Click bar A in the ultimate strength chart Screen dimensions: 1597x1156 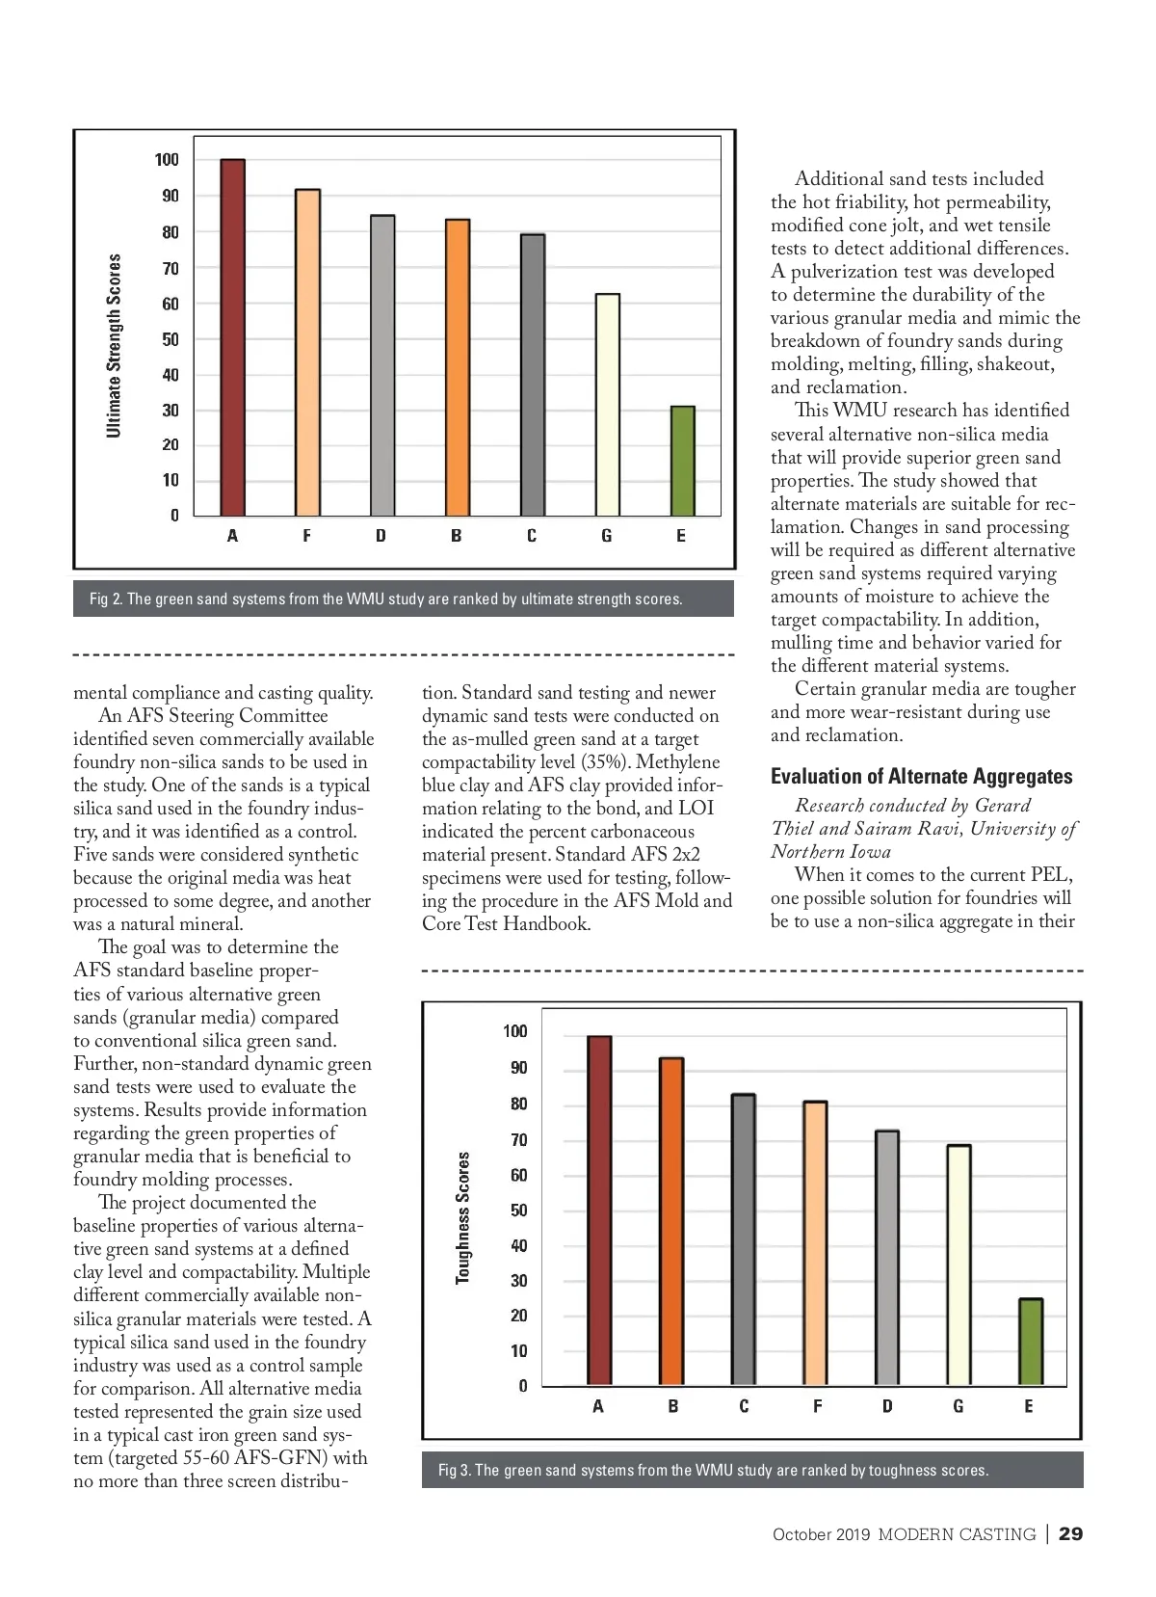click(x=232, y=337)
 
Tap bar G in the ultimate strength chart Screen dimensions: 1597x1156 click(x=607, y=405)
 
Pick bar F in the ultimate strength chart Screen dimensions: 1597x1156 click(x=307, y=353)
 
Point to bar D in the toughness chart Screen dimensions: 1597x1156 click(x=887, y=1258)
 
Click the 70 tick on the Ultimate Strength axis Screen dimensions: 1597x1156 click(x=171, y=269)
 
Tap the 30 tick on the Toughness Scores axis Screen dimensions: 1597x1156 click(x=519, y=1281)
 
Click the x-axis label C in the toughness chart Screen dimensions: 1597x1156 click(x=744, y=1406)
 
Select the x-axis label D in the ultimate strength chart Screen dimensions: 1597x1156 click(x=381, y=536)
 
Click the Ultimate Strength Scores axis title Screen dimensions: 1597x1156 click(x=115, y=345)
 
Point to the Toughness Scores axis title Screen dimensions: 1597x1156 click(x=463, y=1217)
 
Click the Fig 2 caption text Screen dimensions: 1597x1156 click(x=385, y=599)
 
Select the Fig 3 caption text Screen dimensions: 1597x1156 click(x=713, y=1470)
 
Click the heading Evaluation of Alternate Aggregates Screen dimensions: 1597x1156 click(x=921, y=777)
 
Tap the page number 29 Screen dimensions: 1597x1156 click(x=1070, y=1534)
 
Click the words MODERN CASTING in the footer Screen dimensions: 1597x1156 click(x=957, y=1534)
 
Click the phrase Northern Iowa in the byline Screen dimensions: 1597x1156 click(x=830, y=852)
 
